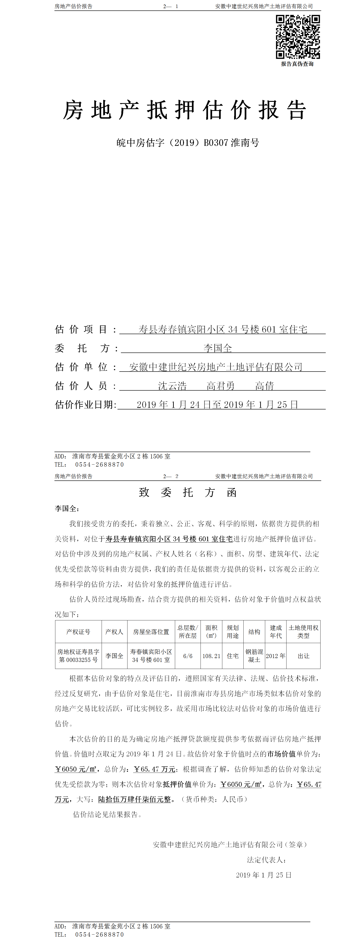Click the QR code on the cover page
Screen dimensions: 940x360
tap(298, 37)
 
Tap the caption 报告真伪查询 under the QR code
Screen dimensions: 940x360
tap(297, 64)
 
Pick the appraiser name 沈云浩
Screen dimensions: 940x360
tap(172, 386)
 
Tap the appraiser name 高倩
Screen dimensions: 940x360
tap(264, 386)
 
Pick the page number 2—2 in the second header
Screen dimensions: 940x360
tap(171, 476)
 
